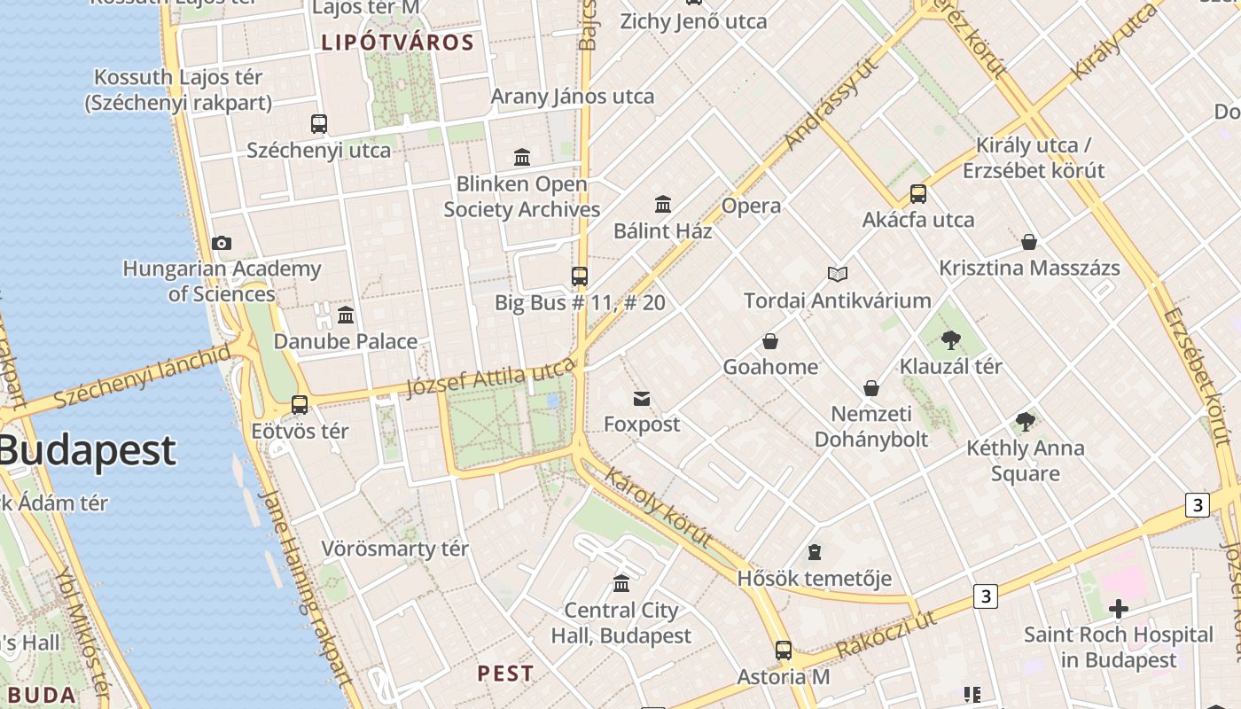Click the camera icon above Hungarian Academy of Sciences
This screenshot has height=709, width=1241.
(222, 243)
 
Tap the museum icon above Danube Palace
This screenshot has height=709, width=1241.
(346, 315)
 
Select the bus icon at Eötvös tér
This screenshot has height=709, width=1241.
(300, 405)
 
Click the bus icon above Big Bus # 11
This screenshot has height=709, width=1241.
(580, 277)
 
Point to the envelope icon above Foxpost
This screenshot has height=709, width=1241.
(642, 399)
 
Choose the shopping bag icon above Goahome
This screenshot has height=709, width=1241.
(770, 341)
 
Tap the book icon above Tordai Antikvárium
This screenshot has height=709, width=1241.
(838, 275)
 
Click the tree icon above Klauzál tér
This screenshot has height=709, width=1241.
(951, 339)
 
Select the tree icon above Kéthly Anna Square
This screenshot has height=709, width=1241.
(1026, 421)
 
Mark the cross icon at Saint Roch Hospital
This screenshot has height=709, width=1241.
(1119, 609)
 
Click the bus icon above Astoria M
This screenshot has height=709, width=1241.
(784, 651)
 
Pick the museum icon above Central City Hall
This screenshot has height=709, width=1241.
(621, 584)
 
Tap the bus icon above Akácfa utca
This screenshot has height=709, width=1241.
(918, 193)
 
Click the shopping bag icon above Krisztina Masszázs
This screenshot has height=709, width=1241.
(1029, 242)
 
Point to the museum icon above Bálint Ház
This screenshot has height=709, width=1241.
(663, 205)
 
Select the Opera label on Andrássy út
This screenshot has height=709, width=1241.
(752, 206)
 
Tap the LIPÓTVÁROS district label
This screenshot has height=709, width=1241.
(398, 42)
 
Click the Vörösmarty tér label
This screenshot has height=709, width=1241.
(394, 549)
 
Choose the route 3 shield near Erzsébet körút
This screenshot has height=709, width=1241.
(1197, 505)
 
